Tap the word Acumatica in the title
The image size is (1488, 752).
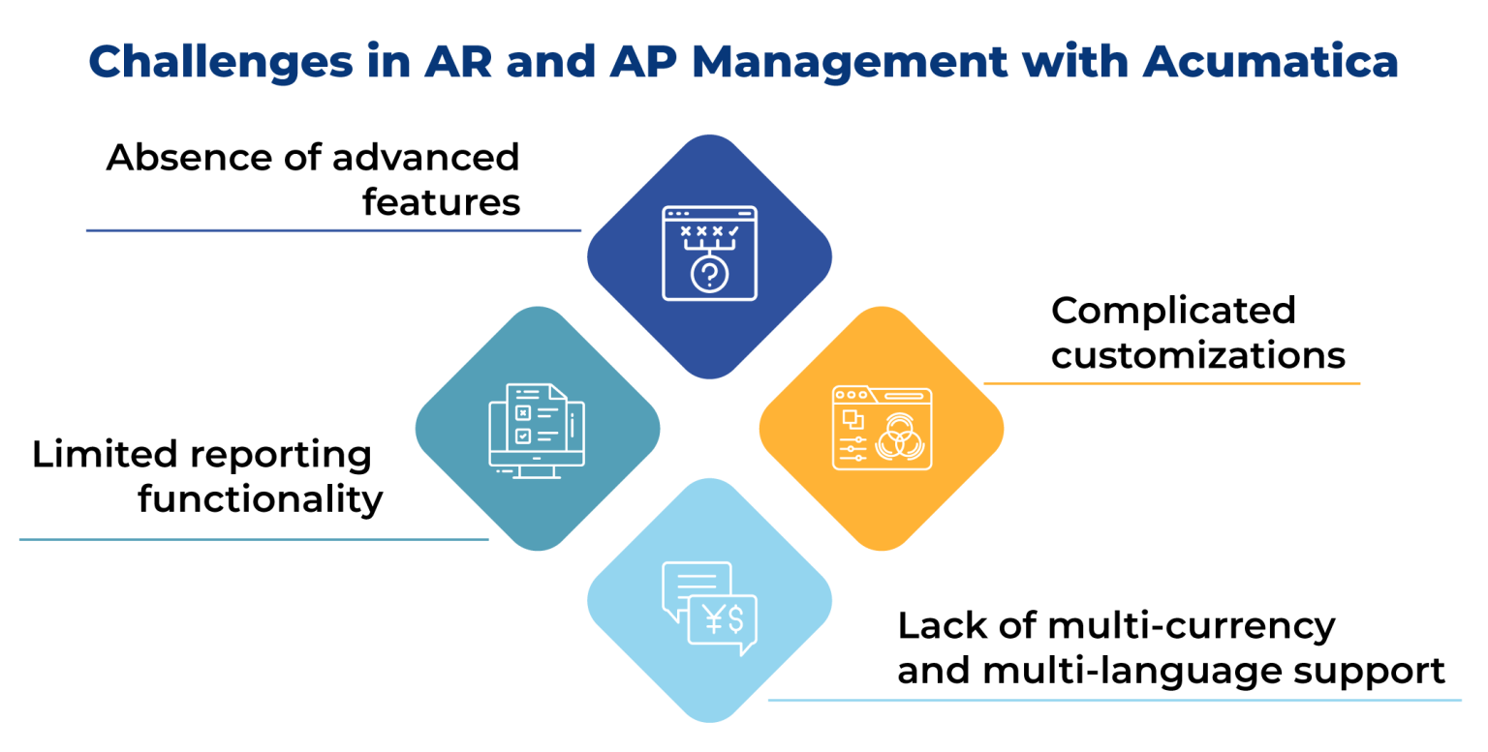coord(1270,63)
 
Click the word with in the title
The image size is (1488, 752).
coord(1076,63)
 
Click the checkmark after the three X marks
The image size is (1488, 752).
coord(733,231)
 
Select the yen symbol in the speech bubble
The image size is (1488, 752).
coord(715,618)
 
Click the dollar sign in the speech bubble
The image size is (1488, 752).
coord(736,618)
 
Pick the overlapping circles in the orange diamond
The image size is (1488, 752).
coord(897,439)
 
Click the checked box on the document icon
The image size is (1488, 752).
coord(523,436)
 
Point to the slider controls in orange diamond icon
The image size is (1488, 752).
coord(853,448)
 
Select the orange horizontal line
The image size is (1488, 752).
coord(1171,383)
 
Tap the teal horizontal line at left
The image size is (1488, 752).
coord(253,540)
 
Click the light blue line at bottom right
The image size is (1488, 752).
coord(1114,700)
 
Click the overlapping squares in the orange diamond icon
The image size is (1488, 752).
coord(852,418)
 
